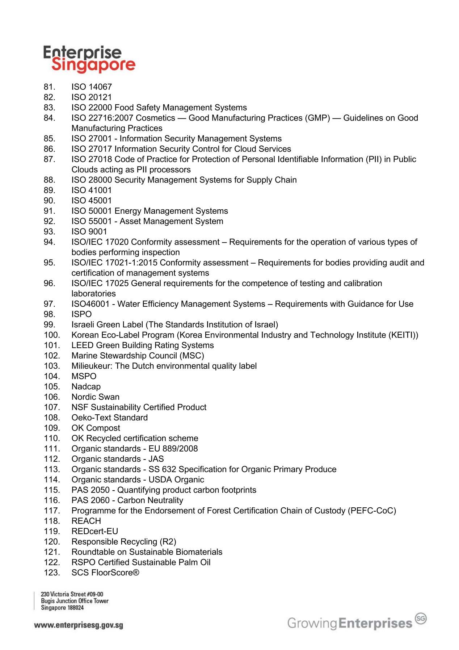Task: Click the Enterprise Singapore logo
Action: click(x=89, y=59)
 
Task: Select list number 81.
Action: click(x=50, y=87)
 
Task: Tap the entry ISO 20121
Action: click(x=92, y=97)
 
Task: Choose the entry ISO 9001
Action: click(x=89, y=232)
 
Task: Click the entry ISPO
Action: click(x=81, y=314)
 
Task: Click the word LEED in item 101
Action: click(x=83, y=345)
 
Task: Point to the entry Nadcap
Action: click(x=86, y=387)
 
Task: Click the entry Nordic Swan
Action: click(x=95, y=397)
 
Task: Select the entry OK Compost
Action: click(x=96, y=428)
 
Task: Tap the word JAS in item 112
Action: click(x=156, y=459)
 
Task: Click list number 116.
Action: click(x=51, y=500)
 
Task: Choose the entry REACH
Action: click(x=86, y=521)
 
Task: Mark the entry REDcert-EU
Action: click(x=94, y=532)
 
